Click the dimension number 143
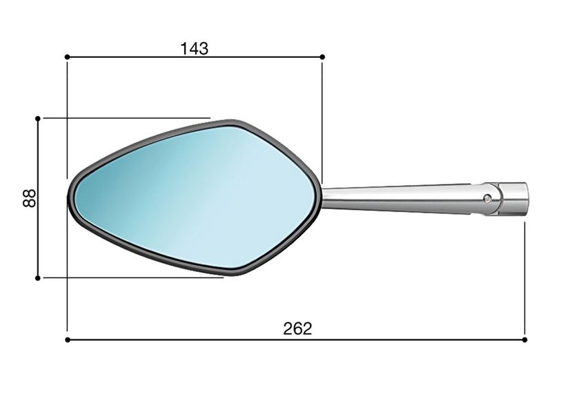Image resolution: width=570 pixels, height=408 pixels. [x=195, y=48]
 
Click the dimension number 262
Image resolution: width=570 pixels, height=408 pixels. [x=297, y=329]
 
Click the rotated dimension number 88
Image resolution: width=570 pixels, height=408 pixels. [x=30, y=198]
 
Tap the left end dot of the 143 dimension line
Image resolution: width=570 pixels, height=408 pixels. [x=67, y=57]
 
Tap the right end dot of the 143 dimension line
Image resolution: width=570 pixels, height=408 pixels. [x=322, y=57]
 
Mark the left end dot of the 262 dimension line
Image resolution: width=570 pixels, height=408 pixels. [x=67, y=340]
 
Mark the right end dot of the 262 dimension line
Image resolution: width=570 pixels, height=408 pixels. [x=524, y=340]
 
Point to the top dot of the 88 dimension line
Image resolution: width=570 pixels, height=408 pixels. [x=38, y=119]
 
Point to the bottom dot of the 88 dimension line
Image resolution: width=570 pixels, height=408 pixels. [x=38, y=278]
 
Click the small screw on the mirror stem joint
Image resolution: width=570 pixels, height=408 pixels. [x=487, y=199]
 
